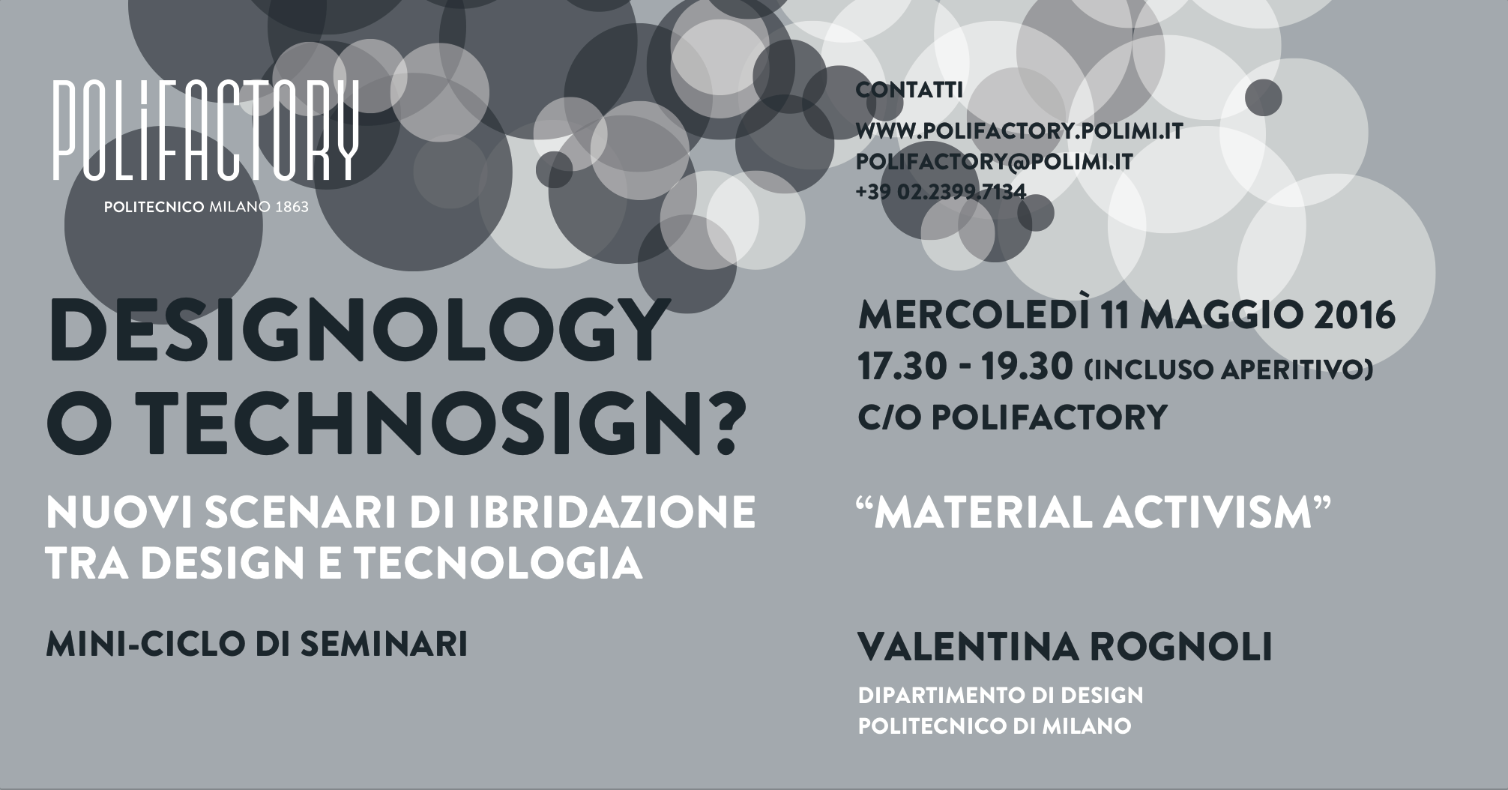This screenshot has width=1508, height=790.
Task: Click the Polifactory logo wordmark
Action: pyautogui.click(x=205, y=130)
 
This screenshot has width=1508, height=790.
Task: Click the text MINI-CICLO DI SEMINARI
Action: pyautogui.click(x=257, y=645)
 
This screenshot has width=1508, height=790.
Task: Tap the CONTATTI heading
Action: pyautogui.click(x=909, y=91)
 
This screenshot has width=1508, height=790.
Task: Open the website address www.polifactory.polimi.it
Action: pyautogui.click(x=1019, y=132)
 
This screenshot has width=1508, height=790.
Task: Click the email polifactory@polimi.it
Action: pyautogui.click(x=994, y=162)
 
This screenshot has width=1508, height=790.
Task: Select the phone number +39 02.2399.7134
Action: pyautogui.click(x=941, y=193)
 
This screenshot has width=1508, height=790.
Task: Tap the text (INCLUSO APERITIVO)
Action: pyautogui.click(x=1228, y=370)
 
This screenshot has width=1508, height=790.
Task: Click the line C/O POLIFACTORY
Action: pyautogui.click(x=1013, y=417)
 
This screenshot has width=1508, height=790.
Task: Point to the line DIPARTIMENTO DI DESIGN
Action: pyautogui.click(x=1001, y=696)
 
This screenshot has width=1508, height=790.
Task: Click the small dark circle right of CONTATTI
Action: pyautogui.click(x=1264, y=97)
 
